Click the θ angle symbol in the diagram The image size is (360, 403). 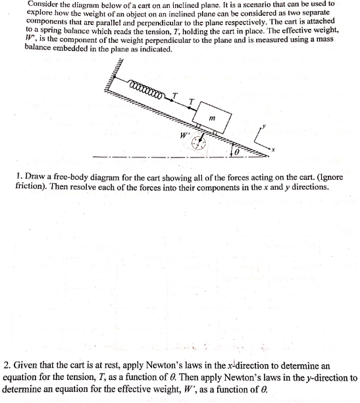(x=238, y=152)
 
